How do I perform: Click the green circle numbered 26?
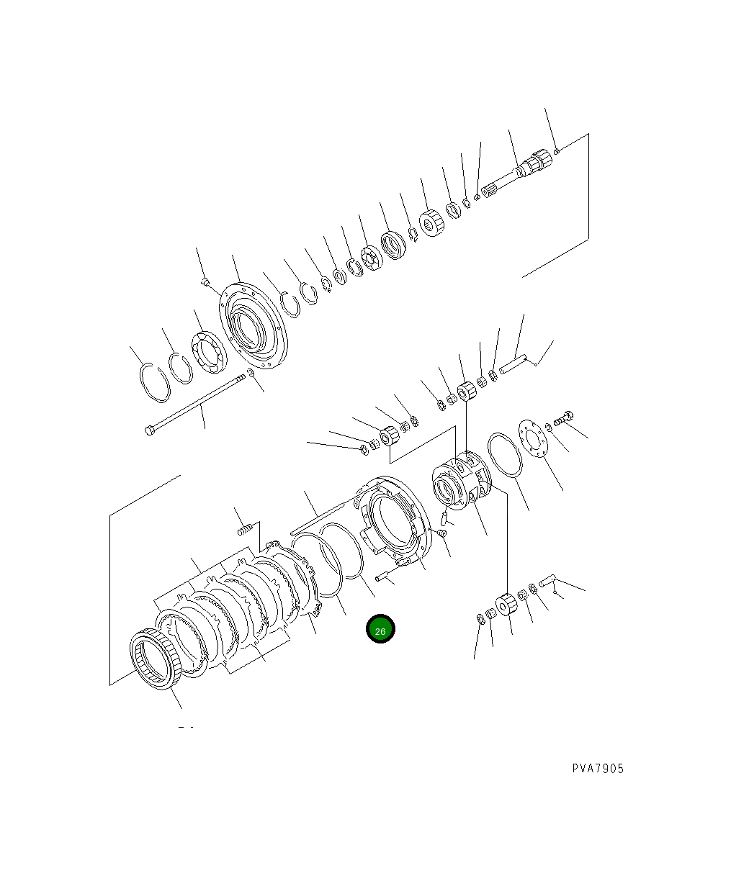pyautogui.click(x=380, y=628)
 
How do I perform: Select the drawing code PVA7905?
pyautogui.click(x=598, y=769)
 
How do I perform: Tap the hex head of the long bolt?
pyautogui.click(x=149, y=431)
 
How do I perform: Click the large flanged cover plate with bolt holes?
pyautogui.click(x=254, y=325)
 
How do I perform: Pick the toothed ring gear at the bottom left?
pyautogui.click(x=156, y=659)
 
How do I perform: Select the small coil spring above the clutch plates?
pyautogui.click(x=245, y=529)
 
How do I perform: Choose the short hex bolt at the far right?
pyautogui.click(x=563, y=418)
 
